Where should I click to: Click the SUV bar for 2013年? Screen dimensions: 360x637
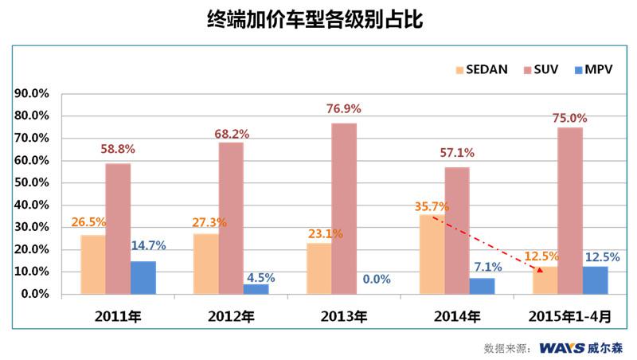[344, 209]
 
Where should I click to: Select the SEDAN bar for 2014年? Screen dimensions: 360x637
[432, 254]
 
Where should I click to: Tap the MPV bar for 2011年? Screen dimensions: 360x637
[143, 277]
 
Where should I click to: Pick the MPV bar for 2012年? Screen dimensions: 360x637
[256, 289]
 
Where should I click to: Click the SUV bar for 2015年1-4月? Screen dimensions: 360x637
[570, 210]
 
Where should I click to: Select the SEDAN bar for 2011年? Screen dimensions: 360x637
[92, 264]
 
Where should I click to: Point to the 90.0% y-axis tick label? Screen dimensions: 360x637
[33, 93]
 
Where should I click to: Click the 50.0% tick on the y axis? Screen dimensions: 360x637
[33, 182]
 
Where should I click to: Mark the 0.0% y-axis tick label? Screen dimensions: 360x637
[36, 294]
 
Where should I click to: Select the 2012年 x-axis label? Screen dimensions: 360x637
[231, 317]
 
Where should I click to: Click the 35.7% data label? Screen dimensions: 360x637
[432, 206]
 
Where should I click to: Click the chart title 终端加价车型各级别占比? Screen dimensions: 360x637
[318, 20]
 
